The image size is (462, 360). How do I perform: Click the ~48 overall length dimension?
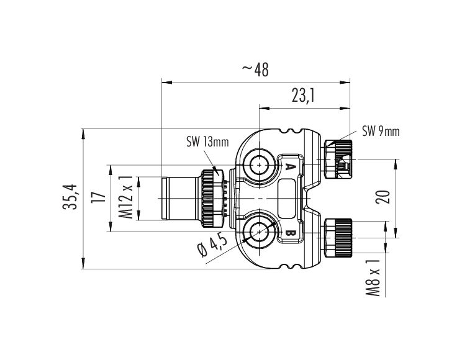click(x=255, y=70)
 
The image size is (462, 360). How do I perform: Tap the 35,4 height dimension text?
click(x=73, y=197)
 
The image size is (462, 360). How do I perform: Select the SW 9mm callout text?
click(x=381, y=131)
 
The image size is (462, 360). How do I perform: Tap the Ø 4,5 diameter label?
click(x=211, y=248)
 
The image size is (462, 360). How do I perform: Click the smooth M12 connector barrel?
click(x=179, y=198)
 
